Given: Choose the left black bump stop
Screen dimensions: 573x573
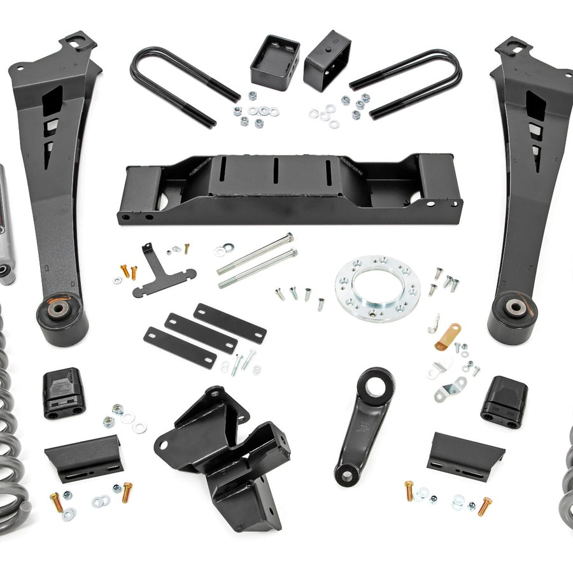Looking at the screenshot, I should (x=64, y=394).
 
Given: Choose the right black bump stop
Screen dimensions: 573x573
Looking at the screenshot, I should (x=504, y=401).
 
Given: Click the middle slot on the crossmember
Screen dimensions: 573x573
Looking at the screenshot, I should (x=276, y=173).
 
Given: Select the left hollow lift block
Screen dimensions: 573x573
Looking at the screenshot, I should (x=274, y=62).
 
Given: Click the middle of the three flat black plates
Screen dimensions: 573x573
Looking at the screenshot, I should (x=201, y=333).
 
